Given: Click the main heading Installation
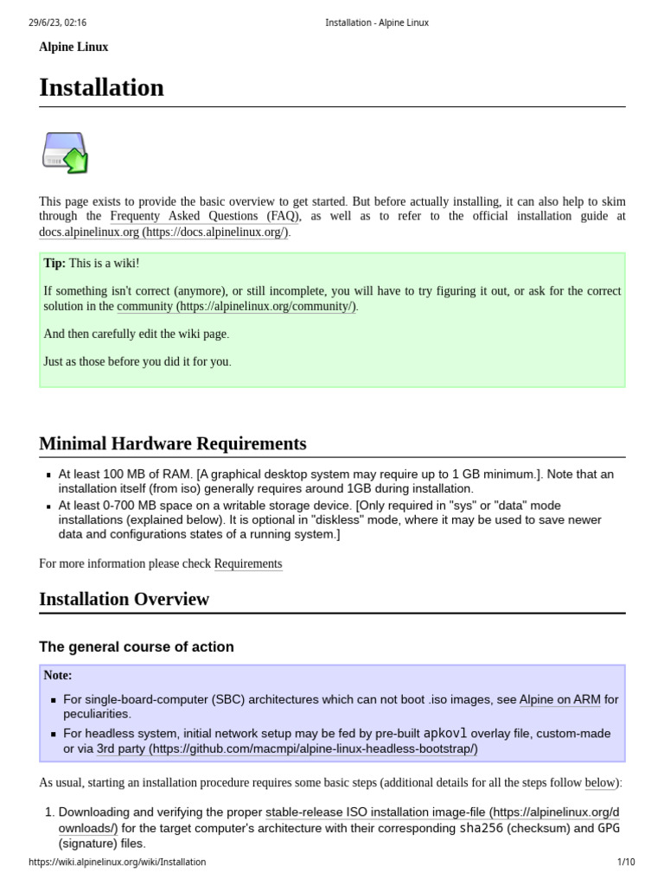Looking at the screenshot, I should tap(101, 88).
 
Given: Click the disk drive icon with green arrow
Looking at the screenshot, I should tap(66, 152).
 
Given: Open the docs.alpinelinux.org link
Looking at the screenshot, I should tap(164, 232).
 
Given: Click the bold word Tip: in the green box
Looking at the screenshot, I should tap(54, 264).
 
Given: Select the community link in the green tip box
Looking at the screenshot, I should tap(236, 307).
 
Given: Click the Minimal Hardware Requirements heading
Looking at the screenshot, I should tap(173, 444).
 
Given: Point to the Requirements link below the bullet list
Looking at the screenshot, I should tap(248, 564).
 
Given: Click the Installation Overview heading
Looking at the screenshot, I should tap(124, 600).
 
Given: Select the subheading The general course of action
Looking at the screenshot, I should tap(137, 647).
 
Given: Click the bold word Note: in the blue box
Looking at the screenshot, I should tap(58, 676).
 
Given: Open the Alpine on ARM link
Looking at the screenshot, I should tap(559, 699).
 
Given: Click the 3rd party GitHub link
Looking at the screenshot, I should tap(287, 748).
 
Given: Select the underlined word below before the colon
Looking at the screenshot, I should tap(600, 783).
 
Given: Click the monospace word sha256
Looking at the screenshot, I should tap(481, 828).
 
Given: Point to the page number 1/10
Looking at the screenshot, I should tap(626, 862).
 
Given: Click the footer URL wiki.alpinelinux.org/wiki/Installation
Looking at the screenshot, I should tap(118, 862).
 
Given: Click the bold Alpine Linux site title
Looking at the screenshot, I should tap(73, 48).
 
